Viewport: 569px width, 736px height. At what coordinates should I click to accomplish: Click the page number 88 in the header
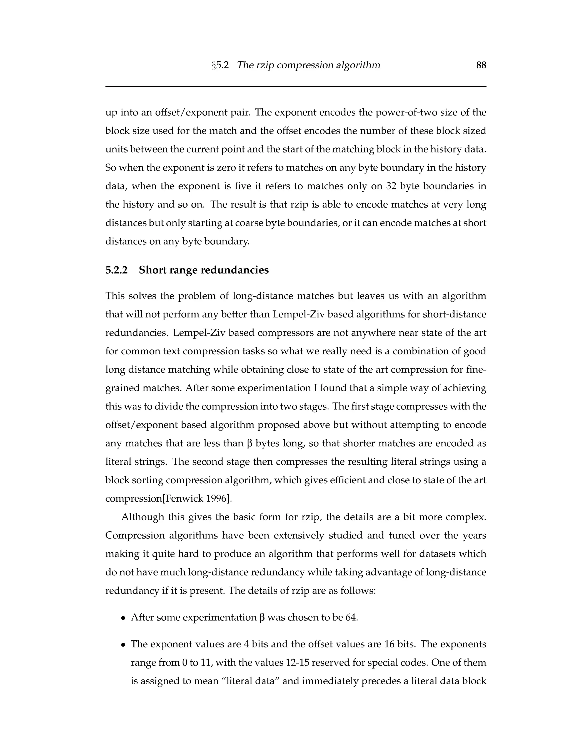(481, 65)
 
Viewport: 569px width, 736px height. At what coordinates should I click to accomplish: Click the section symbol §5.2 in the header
(220, 65)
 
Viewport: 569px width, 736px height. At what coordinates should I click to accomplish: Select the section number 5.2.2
(116, 270)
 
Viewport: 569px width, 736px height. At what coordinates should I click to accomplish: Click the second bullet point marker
(124, 645)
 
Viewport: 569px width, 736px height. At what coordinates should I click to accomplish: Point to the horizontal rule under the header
(296, 86)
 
